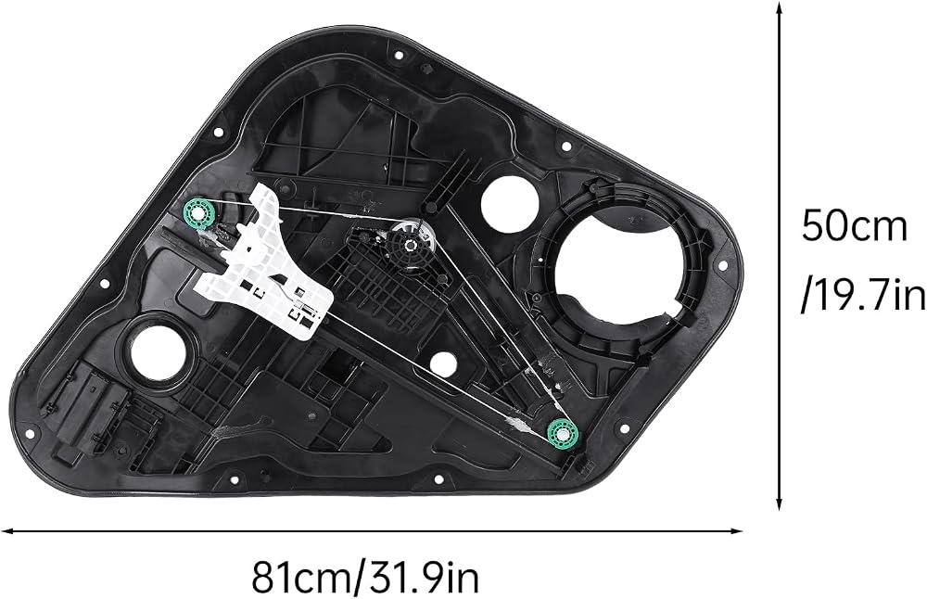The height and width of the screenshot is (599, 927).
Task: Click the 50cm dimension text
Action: [x=854, y=228]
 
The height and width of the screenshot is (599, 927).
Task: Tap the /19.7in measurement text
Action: [x=863, y=296]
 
